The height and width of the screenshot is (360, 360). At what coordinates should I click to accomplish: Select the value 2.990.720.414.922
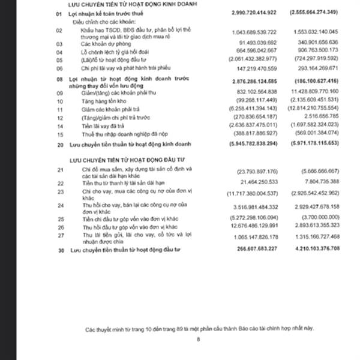coord(254,11)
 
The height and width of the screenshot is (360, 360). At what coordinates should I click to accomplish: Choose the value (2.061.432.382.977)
coord(254,60)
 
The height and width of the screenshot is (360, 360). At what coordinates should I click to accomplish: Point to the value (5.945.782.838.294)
coord(254,146)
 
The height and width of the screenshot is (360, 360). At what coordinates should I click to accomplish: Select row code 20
coord(58,146)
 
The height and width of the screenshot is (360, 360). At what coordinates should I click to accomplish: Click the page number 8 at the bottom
coord(197,339)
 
